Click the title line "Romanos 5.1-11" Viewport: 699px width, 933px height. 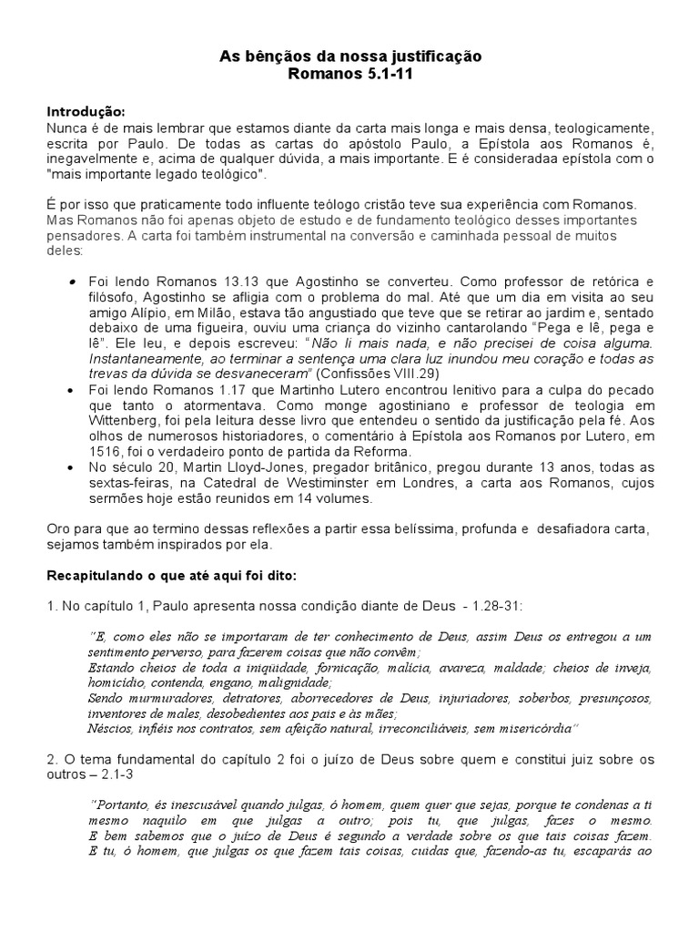tap(350, 74)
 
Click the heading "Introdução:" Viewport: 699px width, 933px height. tap(84, 110)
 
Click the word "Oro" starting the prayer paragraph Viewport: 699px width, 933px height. tap(59, 528)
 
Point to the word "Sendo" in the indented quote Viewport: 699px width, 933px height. tap(107, 697)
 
